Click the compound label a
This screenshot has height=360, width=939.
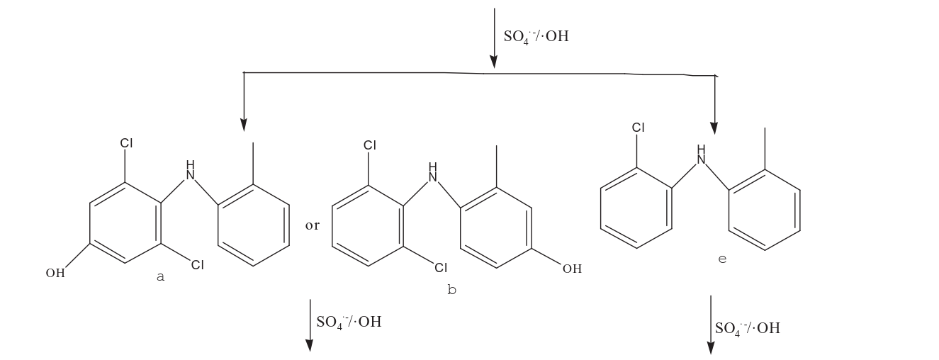click(x=160, y=277)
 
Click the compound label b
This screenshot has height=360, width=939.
click(x=452, y=290)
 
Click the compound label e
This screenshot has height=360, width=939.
click(x=722, y=259)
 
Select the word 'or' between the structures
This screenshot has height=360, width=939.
click(x=313, y=226)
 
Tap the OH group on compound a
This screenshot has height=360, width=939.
click(x=55, y=274)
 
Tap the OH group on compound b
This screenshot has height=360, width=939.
click(x=572, y=269)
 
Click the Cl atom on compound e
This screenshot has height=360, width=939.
click(x=639, y=128)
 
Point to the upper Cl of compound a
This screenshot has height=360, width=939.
click(x=126, y=143)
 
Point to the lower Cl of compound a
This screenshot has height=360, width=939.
click(x=197, y=266)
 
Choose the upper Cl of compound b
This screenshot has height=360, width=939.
click(x=370, y=145)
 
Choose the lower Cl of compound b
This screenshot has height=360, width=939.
click(x=441, y=268)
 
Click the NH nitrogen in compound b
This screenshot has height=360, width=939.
click(x=433, y=172)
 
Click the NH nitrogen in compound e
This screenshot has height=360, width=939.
click(x=702, y=156)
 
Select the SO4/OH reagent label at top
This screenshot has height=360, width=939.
click(x=536, y=36)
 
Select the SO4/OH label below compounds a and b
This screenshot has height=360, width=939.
click(x=349, y=322)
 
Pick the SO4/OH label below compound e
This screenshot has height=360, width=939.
click(x=747, y=328)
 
